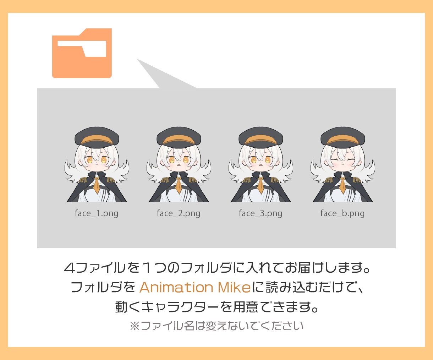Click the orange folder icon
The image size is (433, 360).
tap(82, 53)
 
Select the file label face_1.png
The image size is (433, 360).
tap(97, 213)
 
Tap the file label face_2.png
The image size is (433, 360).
tap(179, 213)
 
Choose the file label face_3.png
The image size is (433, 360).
tap(261, 213)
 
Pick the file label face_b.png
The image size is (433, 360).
tap(342, 213)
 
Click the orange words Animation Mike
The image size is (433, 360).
tap(195, 287)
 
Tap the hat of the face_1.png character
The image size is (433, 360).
tap(97, 137)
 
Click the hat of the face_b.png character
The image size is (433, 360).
tap(343, 137)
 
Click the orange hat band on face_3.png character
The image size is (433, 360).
tap(261, 140)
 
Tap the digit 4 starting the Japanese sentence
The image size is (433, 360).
tap(70, 268)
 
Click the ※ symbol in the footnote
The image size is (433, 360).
tap(135, 326)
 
